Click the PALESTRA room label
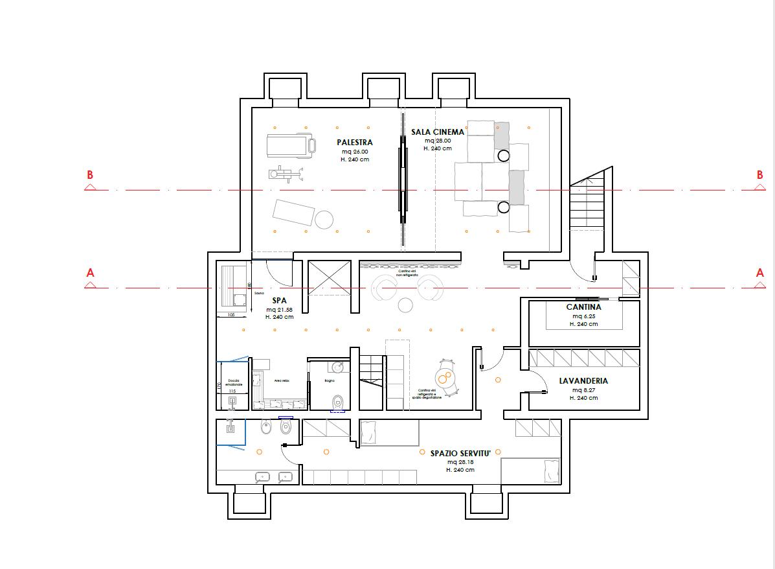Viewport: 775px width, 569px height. pyautogui.click(x=354, y=143)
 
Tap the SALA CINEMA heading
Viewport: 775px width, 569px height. pyautogui.click(x=438, y=132)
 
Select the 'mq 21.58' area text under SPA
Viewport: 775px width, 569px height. pyautogui.click(x=279, y=310)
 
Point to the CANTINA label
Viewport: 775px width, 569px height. pyautogui.click(x=583, y=307)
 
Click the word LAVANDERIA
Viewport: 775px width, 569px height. pyautogui.click(x=583, y=381)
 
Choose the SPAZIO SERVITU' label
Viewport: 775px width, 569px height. pyautogui.click(x=460, y=453)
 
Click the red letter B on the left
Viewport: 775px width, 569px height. pyautogui.click(x=90, y=175)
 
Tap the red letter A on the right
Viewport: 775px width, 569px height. pyautogui.click(x=760, y=273)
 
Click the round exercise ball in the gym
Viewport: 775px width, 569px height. pyautogui.click(x=324, y=219)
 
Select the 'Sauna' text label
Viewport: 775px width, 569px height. pyautogui.click(x=259, y=293)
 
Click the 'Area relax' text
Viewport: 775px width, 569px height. pyautogui.click(x=281, y=381)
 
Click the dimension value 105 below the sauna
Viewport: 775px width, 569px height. pyautogui.click(x=231, y=316)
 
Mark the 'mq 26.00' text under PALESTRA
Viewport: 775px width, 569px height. pyautogui.click(x=354, y=152)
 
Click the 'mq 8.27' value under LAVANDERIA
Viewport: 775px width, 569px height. pyautogui.click(x=583, y=390)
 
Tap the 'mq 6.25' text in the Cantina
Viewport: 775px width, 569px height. pyautogui.click(x=583, y=316)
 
